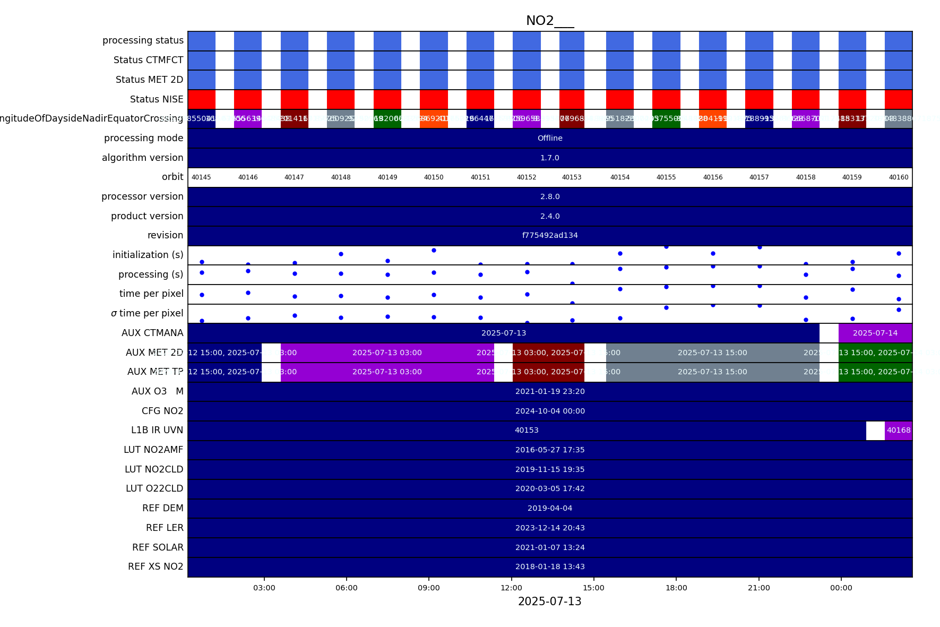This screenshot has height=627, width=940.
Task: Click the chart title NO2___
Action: point(550,21)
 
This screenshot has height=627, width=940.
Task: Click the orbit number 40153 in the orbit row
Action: point(572,177)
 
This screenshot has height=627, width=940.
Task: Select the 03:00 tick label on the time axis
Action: point(264,588)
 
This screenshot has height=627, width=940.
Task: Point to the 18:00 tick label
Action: point(676,588)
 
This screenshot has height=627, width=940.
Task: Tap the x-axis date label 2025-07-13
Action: point(549,602)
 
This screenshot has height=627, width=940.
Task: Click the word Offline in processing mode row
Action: point(550,138)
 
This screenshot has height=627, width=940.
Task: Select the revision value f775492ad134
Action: point(550,235)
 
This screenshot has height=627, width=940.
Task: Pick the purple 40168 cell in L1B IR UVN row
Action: point(899,431)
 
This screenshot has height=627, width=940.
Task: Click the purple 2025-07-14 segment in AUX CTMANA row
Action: point(875,333)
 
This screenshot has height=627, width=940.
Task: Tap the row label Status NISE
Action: point(157,99)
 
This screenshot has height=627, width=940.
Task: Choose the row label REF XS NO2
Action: point(156,566)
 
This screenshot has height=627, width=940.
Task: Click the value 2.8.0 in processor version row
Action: point(550,196)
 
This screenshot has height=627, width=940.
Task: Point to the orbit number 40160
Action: point(899,177)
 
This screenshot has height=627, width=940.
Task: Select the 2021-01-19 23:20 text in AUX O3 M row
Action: point(550,391)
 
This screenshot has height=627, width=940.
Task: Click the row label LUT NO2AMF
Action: point(153,450)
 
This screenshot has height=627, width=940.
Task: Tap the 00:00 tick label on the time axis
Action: point(841,588)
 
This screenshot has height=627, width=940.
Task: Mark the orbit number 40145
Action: point(201,177)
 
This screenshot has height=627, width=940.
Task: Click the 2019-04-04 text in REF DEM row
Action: point(550,508)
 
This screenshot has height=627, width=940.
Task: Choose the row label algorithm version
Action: point(143,158)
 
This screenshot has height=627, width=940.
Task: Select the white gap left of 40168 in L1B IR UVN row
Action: point(875,431)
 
